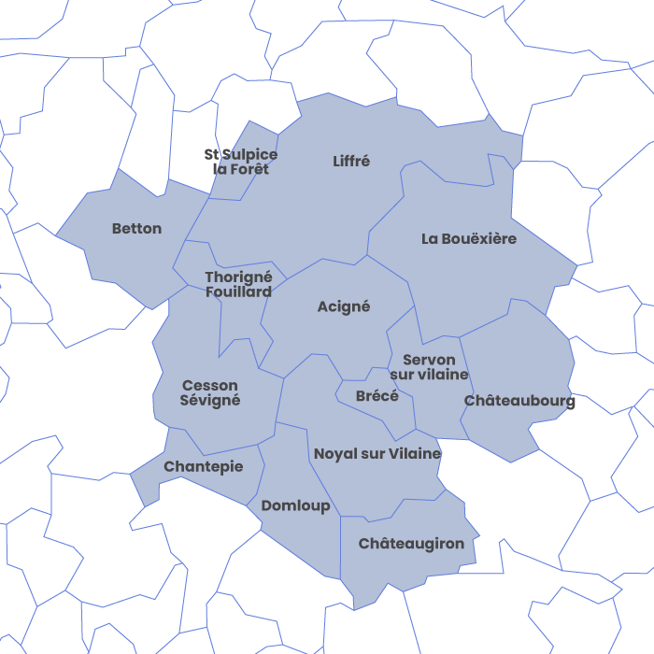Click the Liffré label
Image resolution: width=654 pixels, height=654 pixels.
point(351,161)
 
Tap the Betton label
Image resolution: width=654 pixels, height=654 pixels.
point(136,228)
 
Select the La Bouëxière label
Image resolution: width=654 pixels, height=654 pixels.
point(468,238)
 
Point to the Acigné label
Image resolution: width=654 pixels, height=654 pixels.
point(344,306)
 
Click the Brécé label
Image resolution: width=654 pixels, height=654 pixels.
point(377,396)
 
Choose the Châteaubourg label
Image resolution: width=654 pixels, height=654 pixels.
point(519,401)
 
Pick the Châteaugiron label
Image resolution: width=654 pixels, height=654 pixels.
point(411,543)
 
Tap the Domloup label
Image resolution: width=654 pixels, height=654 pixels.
point(295,505)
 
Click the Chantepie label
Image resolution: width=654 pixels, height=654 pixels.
point(204,466)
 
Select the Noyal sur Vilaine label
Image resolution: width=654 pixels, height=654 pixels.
point(377,454)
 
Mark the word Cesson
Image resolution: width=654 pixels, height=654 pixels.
point(210,385)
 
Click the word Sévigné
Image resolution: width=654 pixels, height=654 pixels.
point(210,400)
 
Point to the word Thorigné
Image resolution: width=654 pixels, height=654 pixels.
point(238,277)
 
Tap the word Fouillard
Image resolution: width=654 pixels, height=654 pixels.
point(238,291)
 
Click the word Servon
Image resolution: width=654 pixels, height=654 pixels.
point(429,360)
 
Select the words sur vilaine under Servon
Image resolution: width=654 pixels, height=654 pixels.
point(429,375)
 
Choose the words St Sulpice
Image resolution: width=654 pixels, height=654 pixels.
point(241,154)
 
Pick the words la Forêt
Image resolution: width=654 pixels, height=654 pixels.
point(241,169)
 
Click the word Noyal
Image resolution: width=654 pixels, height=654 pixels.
point(334,454)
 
